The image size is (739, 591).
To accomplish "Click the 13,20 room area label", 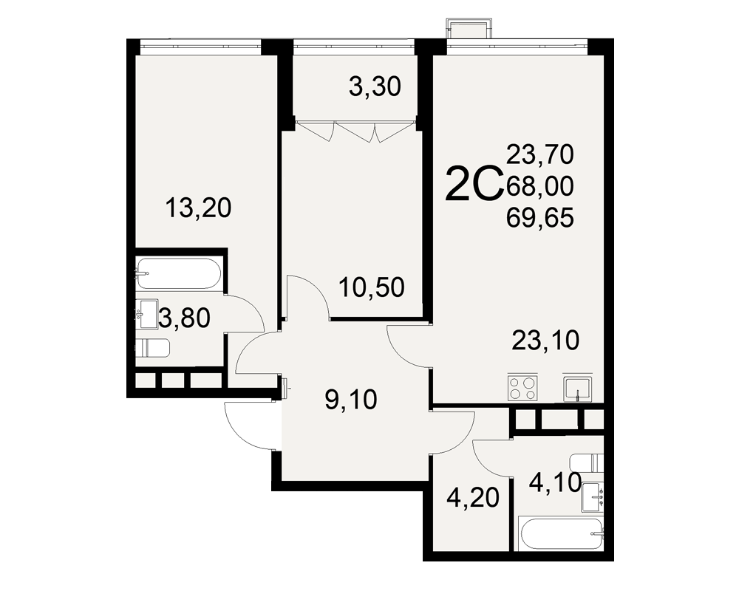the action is click(x=198, y=208).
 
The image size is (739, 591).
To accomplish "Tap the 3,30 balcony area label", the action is click(x=375, y=87).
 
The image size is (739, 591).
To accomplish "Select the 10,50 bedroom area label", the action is click(x=372, y=287).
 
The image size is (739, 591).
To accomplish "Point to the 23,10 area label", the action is click(x=545, y=341).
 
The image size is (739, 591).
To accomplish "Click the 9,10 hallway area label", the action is click(x=351, y=400).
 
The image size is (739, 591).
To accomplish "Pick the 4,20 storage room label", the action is click(x=473, y=498).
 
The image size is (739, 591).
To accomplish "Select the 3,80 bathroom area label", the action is click(x=184, y=318).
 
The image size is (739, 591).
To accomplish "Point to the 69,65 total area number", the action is click(x=540, y=218).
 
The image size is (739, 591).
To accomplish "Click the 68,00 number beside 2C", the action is click(x=540, y=186).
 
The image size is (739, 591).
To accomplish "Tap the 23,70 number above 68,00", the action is click(x=540, y=154).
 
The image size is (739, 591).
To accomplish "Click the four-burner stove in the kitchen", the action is click(x=523, y=388).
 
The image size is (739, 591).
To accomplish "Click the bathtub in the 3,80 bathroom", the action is click(x=178, y=273).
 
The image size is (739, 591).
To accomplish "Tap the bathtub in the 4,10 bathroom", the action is click(x=561, y=534).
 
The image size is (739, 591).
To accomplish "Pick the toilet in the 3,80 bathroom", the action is click(x=152, y=348).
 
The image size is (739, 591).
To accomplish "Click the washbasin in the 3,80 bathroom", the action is click(x=146, y=315).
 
